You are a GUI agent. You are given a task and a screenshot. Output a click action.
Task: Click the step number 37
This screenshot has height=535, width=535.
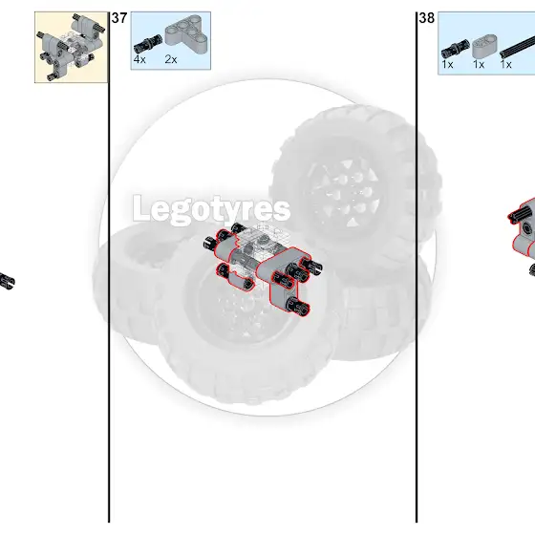(x=119, y=18)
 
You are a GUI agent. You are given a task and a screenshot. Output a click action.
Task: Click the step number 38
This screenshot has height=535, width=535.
(x=426, y=18)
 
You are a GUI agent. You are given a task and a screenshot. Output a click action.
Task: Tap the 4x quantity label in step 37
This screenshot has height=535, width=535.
(x=139, y=59)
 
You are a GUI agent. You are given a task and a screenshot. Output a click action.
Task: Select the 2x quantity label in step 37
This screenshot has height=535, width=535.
(x=171, y=59)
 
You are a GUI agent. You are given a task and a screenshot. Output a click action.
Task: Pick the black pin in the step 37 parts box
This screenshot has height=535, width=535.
(x=148, y=44)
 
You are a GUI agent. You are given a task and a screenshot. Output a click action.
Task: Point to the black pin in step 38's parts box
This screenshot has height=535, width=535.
(x=455, y=49)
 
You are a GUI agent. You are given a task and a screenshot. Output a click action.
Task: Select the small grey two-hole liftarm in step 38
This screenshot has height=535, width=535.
(x=484, y=46)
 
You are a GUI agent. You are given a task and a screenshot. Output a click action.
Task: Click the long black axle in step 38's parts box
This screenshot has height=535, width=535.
(x=517, y=47)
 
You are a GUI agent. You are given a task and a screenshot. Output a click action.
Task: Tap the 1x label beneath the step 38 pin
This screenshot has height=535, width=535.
(x=447, y=64)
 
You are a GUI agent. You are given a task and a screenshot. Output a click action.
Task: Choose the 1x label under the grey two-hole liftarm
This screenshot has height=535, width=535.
(x=479, y=64)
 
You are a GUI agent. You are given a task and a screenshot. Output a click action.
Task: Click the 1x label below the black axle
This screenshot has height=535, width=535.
(x=505, y=64)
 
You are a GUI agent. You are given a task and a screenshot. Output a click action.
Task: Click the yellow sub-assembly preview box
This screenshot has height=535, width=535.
(x=72, y=47)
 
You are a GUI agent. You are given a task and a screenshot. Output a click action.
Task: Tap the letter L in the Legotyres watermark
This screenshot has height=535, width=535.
(x=141, y=207)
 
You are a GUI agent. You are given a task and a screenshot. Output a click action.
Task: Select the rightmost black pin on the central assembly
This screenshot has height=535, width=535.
(x=310, y=266)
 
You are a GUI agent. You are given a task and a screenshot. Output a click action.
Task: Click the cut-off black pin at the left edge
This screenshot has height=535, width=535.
(x=7, y=281)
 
